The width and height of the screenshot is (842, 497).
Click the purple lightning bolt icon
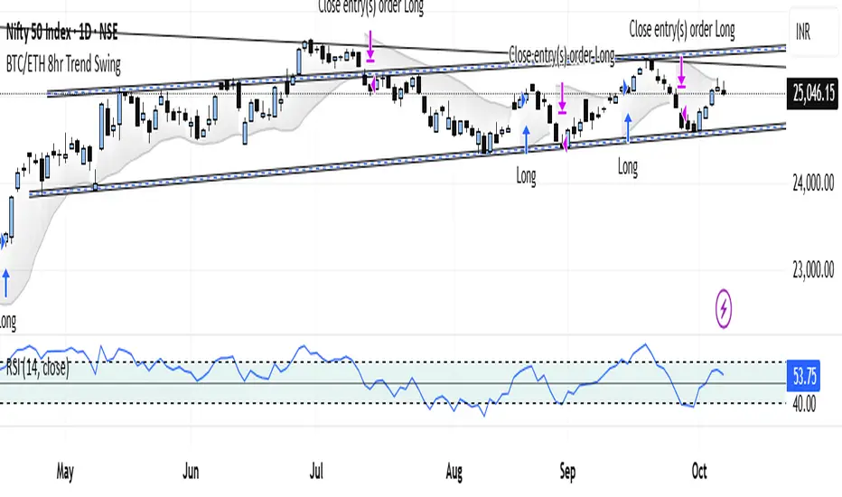coord(724,308)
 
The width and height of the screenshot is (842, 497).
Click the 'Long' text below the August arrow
coord(526,178)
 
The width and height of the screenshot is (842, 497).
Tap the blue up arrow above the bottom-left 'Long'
coord(5,284)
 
